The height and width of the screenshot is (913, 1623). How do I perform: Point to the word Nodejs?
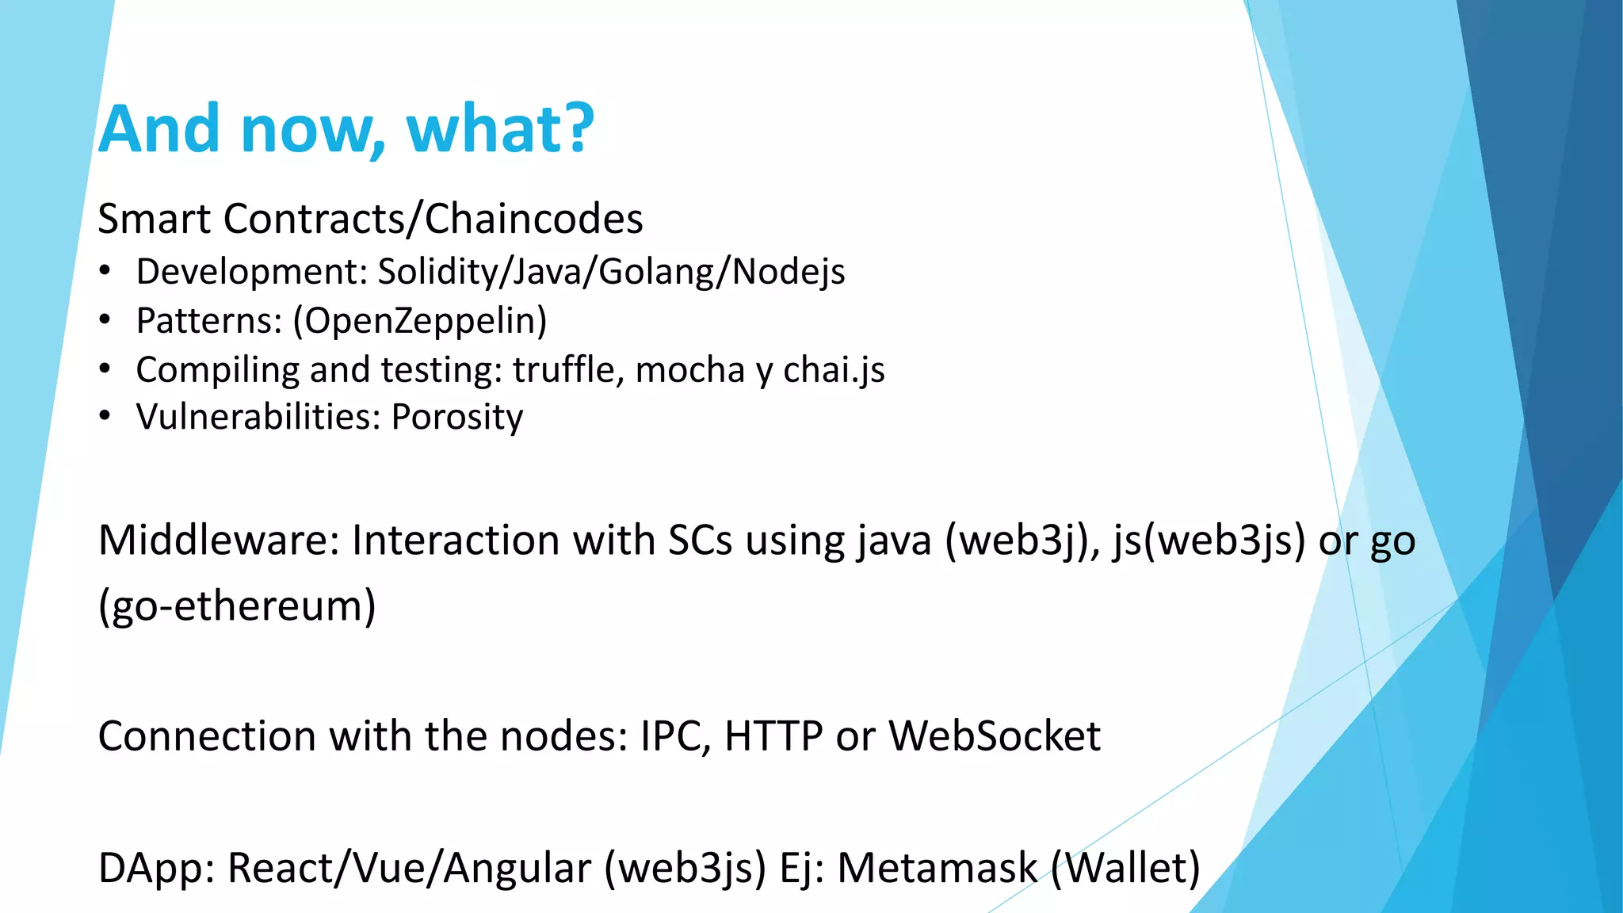point(788,272)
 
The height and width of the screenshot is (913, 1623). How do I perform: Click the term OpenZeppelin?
point(420,321)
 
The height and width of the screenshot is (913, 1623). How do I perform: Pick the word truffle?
point(563,369)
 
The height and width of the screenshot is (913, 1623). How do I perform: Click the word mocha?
point(689,369)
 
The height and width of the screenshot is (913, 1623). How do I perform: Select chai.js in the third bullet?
point(834,369)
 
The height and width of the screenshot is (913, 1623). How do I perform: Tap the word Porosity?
point(457,417)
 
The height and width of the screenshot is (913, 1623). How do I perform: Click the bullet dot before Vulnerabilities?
point(105,417)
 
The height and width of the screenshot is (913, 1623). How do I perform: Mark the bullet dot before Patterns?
point(105,320)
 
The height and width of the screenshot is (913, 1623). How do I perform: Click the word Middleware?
point(219,541)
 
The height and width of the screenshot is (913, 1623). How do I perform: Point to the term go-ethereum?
point(237,606)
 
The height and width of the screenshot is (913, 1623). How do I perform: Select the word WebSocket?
point(994,736)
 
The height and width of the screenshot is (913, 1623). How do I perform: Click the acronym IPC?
point(670,736)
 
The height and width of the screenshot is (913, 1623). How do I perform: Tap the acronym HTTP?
point(773,736)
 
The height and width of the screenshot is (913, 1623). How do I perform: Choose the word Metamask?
point(937,868)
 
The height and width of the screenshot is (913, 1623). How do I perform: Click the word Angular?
point(517,868)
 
